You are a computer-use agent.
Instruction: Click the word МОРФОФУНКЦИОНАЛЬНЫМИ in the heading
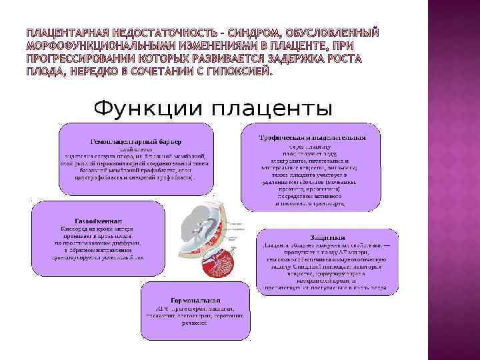(x=101, y=45)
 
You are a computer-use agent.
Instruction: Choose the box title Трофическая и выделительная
(x=313, y=137)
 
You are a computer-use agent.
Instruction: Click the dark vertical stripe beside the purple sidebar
(x=429, y=180)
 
